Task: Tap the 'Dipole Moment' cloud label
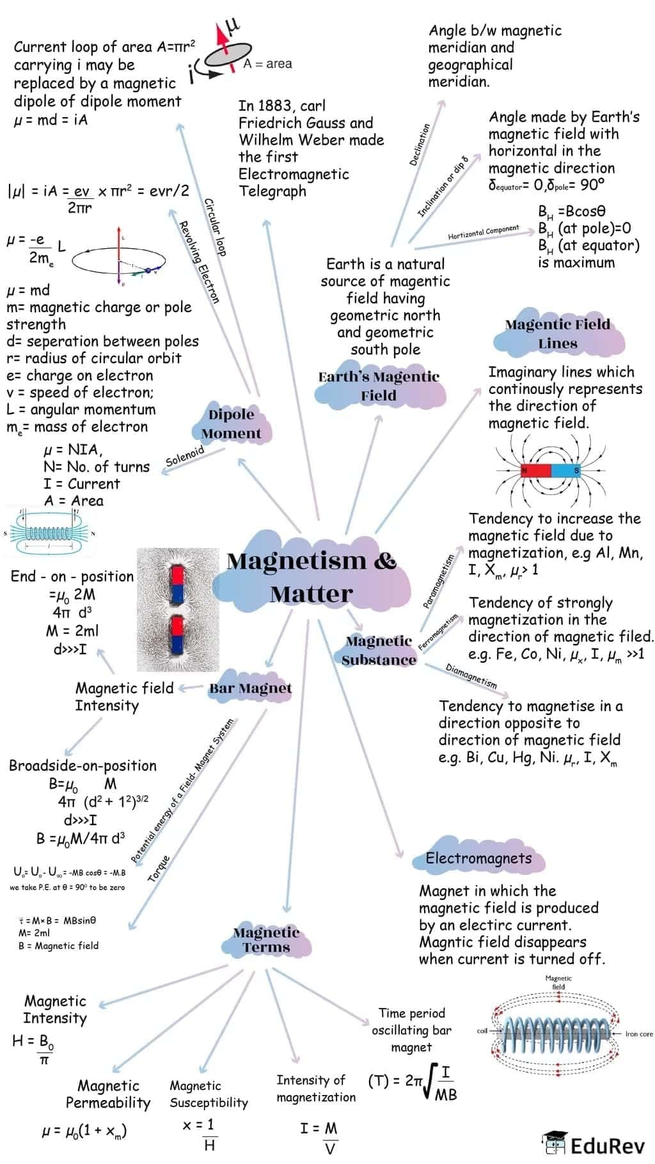(231, 423)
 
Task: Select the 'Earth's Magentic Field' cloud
(379, 386)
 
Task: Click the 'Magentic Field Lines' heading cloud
(557, 333)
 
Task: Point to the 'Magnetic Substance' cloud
(379, 650)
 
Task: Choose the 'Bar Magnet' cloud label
(250, 688)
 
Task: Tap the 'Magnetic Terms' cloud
(266, 940)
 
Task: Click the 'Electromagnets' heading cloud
(478, 858)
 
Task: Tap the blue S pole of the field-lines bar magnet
(565, 471)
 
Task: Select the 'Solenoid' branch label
(185, 455)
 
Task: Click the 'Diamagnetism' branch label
(471, 676)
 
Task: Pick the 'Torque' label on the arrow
(159, 869)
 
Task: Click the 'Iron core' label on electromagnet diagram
(638, 1034)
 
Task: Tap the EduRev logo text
(606, 1145)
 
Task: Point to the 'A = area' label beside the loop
(267, 63)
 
